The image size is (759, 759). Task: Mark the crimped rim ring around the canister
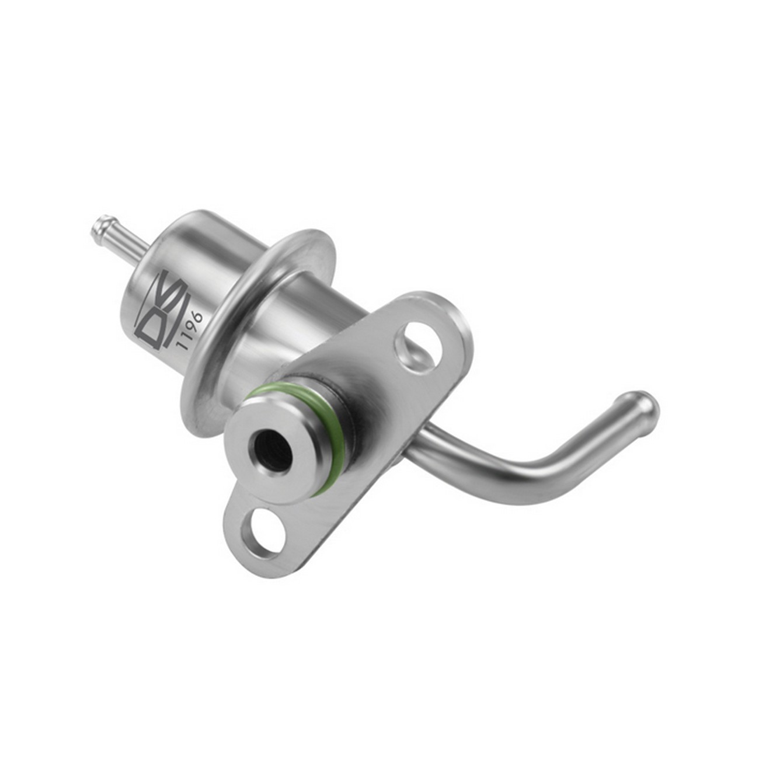[x=257, y=315]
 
